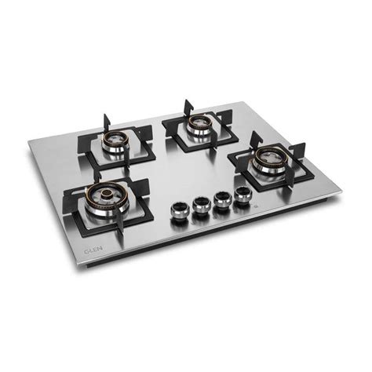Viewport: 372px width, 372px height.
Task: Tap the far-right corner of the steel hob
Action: pyautogui.click(x=341, y=189)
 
